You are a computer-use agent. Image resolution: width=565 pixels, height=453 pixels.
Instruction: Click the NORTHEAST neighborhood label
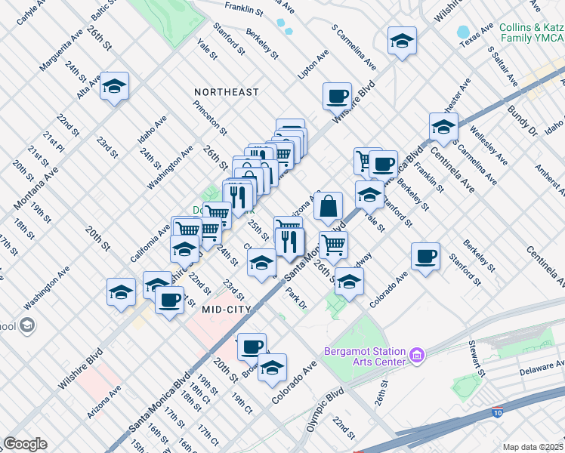(226, 92)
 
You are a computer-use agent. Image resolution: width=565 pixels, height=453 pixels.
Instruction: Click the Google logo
(25, 444)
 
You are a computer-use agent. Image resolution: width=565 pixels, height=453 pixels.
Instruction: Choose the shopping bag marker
(329, 205)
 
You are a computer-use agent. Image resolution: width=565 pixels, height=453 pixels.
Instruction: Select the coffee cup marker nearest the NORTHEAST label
(337, 97)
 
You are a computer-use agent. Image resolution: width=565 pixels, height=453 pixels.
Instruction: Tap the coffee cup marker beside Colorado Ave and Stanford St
(425, 257)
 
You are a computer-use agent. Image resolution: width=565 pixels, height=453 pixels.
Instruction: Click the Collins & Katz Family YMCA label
(530, 32)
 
